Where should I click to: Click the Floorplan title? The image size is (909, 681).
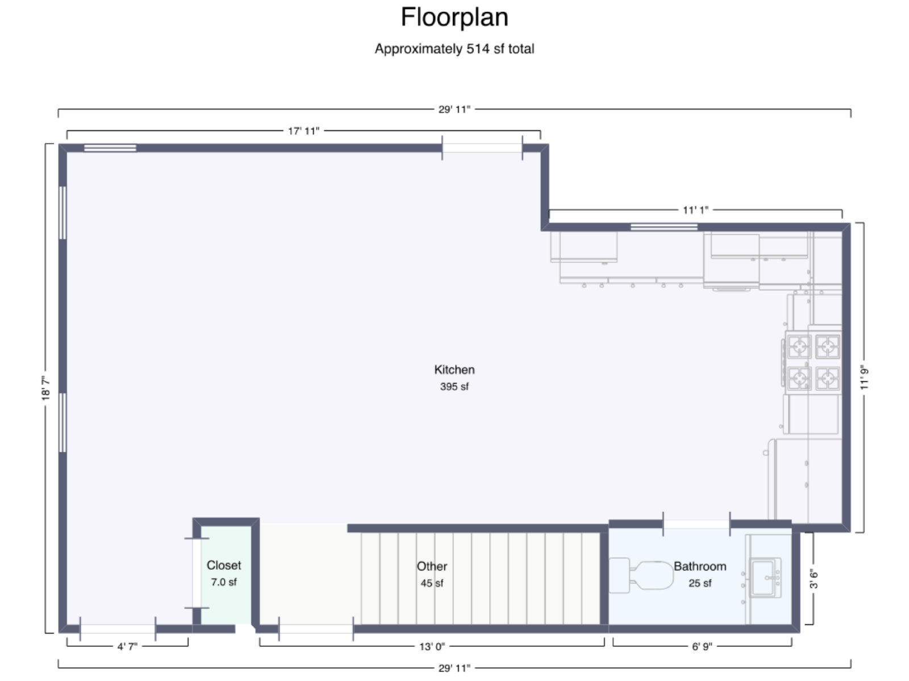pyautogui.click(x=454, y=18)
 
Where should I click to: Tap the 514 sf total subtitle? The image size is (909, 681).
pyautogui.click(x=454, y=49)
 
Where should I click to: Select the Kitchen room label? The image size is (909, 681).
pyautogui.click(x=454, y=369)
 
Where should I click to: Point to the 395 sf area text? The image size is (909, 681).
pyautogui.click(x=454, y=386)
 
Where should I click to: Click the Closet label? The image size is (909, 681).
pyautogui.click(x=224, y=565)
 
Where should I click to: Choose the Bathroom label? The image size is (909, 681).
pyautogui.click(x=700, y=566)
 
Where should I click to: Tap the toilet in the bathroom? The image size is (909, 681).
pyautogui.click(x=641, y=575)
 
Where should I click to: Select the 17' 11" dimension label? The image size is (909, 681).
pyautogui.click(x=303, y=131)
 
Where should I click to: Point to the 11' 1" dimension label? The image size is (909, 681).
pyautogui.click(x=695, y=210)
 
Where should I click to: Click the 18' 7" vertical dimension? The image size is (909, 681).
pyautogui.click(x=45, y=388)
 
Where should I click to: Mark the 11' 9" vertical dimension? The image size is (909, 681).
pyautogui.click(x=864, y=377)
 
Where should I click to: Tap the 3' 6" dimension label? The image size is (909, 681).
pyautogui.click(x=814, y=579)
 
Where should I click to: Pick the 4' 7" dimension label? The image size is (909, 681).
pyautogui.click(x=127, y=646)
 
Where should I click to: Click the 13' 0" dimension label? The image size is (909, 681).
pyautogui.click(x=432, y=646)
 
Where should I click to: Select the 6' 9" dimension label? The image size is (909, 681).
pyautogui.click(x=702, y=646)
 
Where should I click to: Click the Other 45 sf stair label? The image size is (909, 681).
pyautogui.click(x=432, y=574)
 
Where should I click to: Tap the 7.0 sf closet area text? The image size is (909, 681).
pyautogui.click(x=224, y=582)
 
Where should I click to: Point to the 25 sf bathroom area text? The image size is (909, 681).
pyautogui.click(x=700, y=583)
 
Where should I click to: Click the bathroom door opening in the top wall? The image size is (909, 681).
pyautogui.click(x=697, y=524)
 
